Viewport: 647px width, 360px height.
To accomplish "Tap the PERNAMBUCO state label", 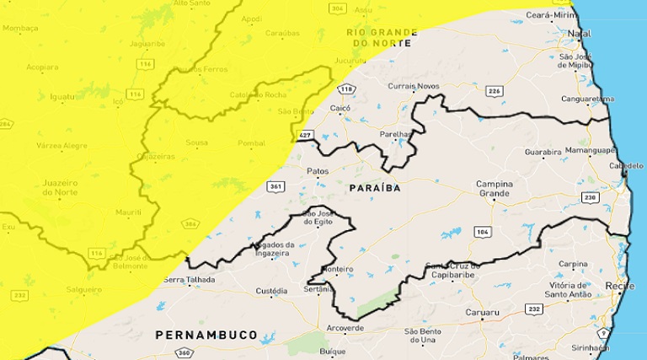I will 206,335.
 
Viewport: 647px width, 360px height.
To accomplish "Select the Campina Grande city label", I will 494,189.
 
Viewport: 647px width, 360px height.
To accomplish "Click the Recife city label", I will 620,287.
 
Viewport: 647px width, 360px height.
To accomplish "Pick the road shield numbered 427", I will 304,134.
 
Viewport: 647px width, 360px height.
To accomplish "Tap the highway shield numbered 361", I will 274,187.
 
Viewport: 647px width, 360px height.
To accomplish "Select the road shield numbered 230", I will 589,197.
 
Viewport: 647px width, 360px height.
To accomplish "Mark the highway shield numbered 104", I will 482,230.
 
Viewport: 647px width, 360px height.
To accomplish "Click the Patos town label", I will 318,170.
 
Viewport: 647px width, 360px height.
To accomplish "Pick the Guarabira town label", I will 543,153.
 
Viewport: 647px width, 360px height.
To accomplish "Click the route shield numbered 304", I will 338,8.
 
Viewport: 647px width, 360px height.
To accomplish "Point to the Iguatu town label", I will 63,97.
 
